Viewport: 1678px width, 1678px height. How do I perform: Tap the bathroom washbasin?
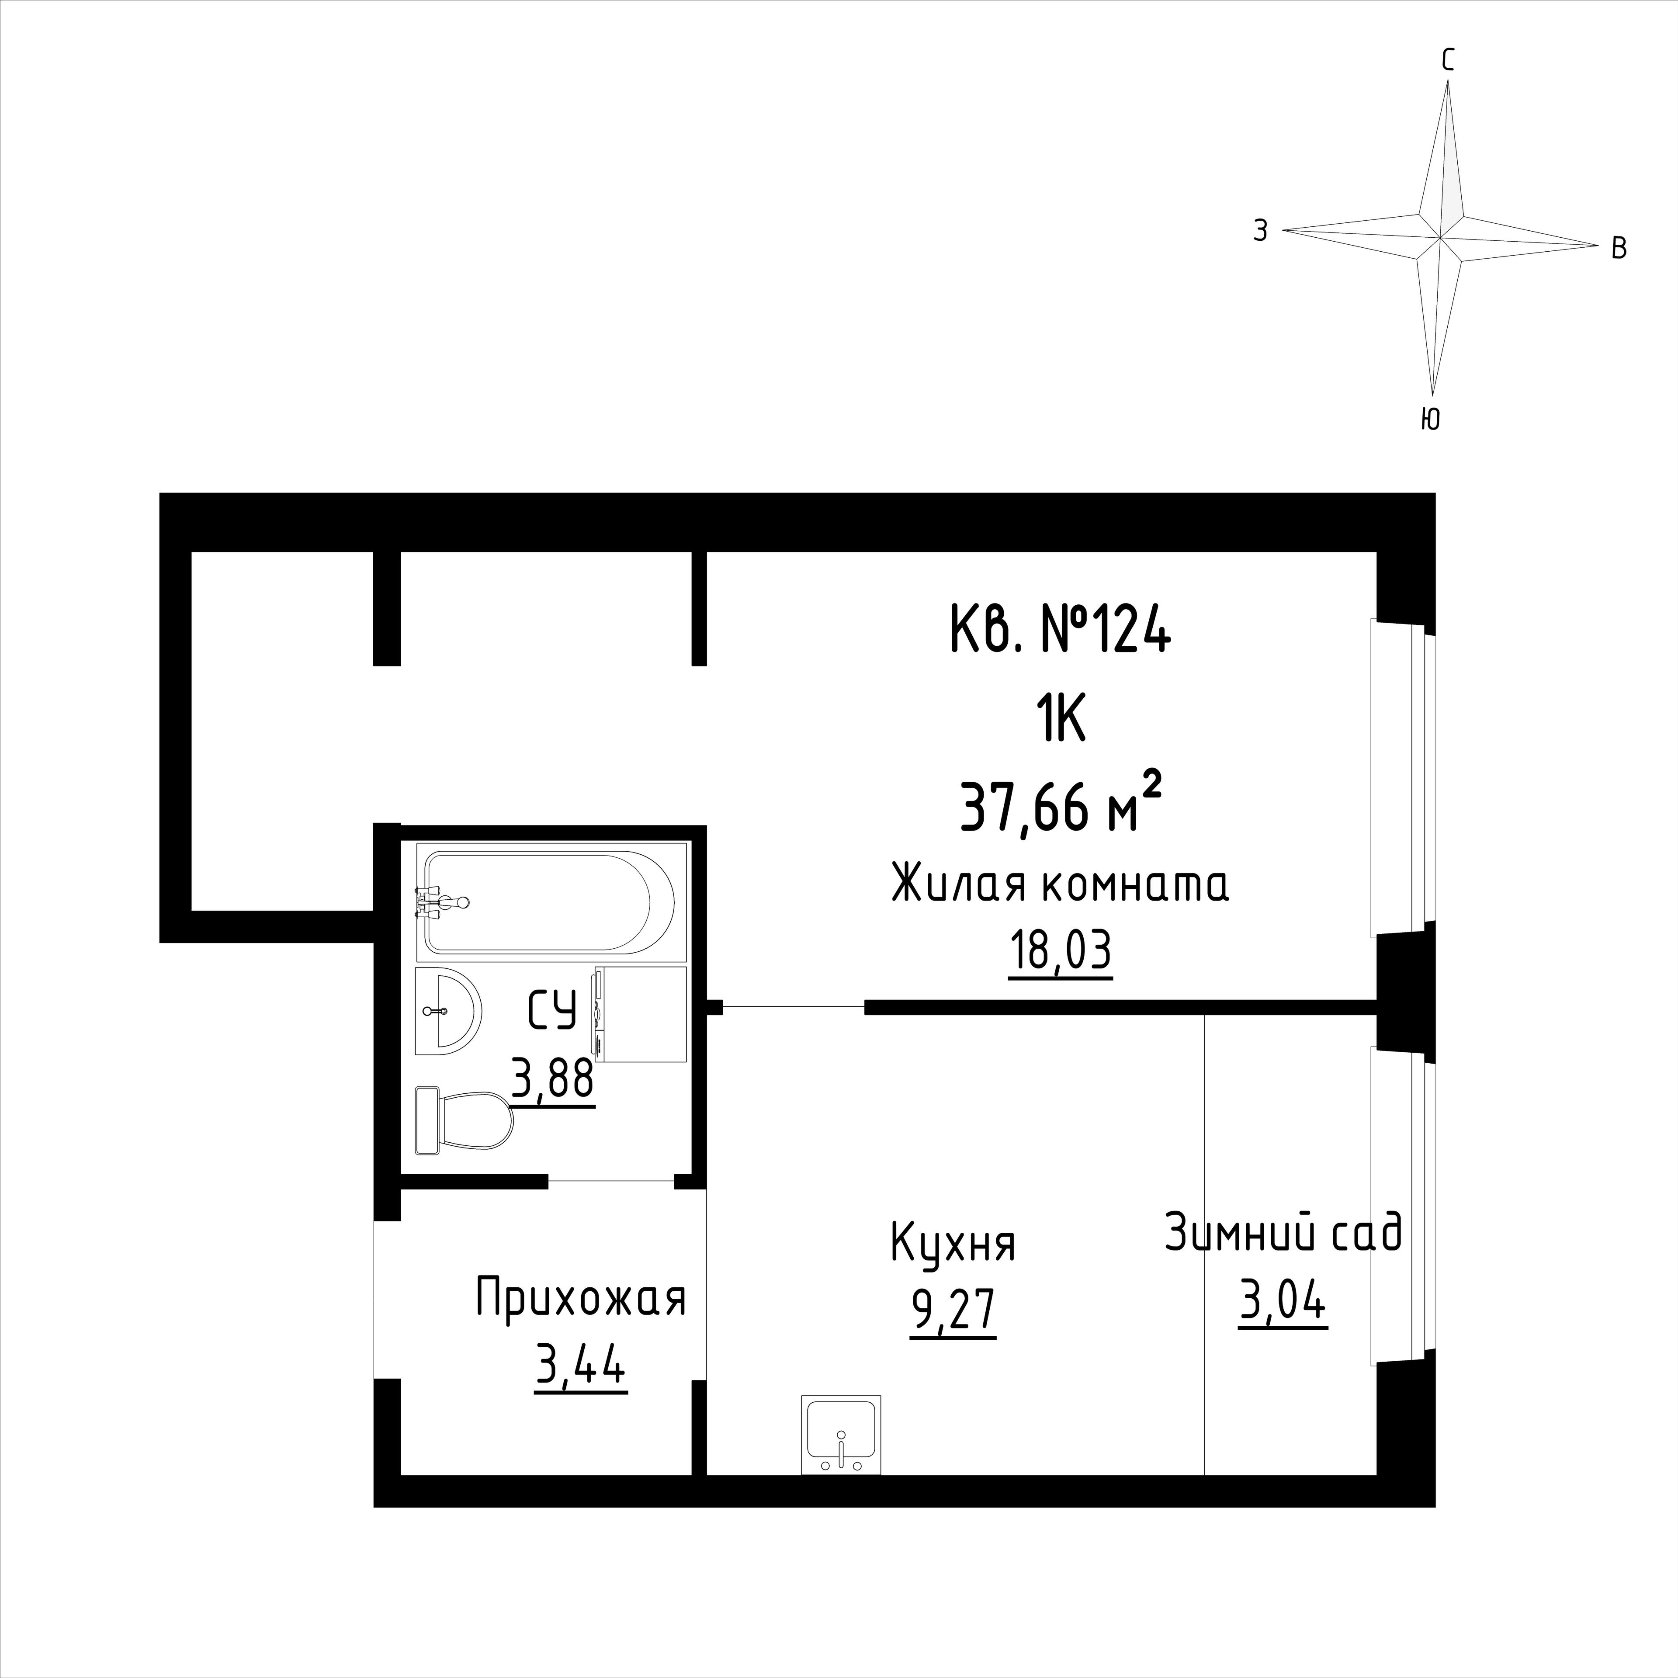[448, 1011]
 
